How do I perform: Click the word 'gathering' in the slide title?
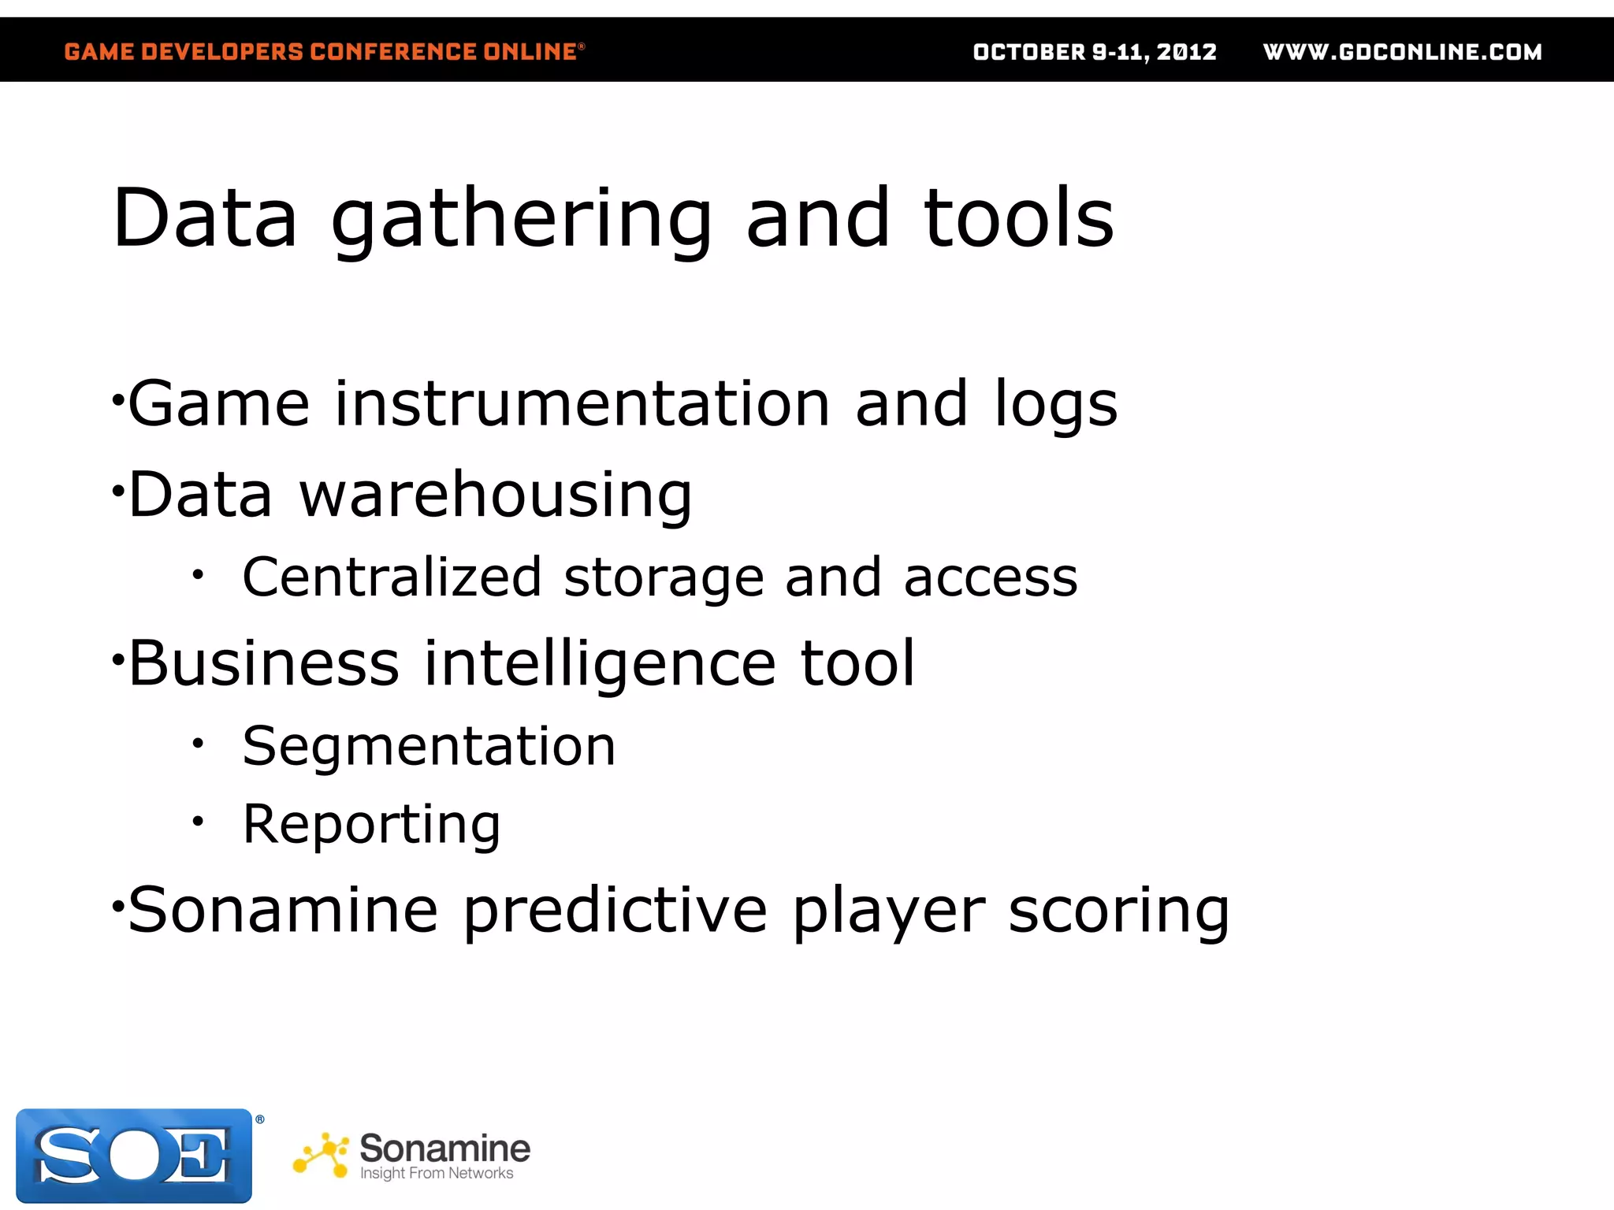pos(521,221)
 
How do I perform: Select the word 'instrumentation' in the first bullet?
pos(582,404)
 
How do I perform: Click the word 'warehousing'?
pos(496,496)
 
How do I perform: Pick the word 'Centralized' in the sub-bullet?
pos(392,577)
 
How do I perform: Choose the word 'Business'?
pos(264,663)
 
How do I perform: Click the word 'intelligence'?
pos(600,665)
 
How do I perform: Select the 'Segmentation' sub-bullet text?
pos(429,746)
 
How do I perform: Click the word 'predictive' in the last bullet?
pos(615,912)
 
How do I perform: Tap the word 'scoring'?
pos(1118,912)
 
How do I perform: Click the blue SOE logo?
pos(134,1156)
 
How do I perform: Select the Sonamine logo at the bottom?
pos(411,1155)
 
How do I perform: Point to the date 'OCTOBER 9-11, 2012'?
pos(1095,52)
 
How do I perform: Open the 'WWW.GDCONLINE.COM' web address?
pos(1402,52)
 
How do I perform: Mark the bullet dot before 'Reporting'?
pos(198,822)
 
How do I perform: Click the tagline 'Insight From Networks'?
pos(437,1173)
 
